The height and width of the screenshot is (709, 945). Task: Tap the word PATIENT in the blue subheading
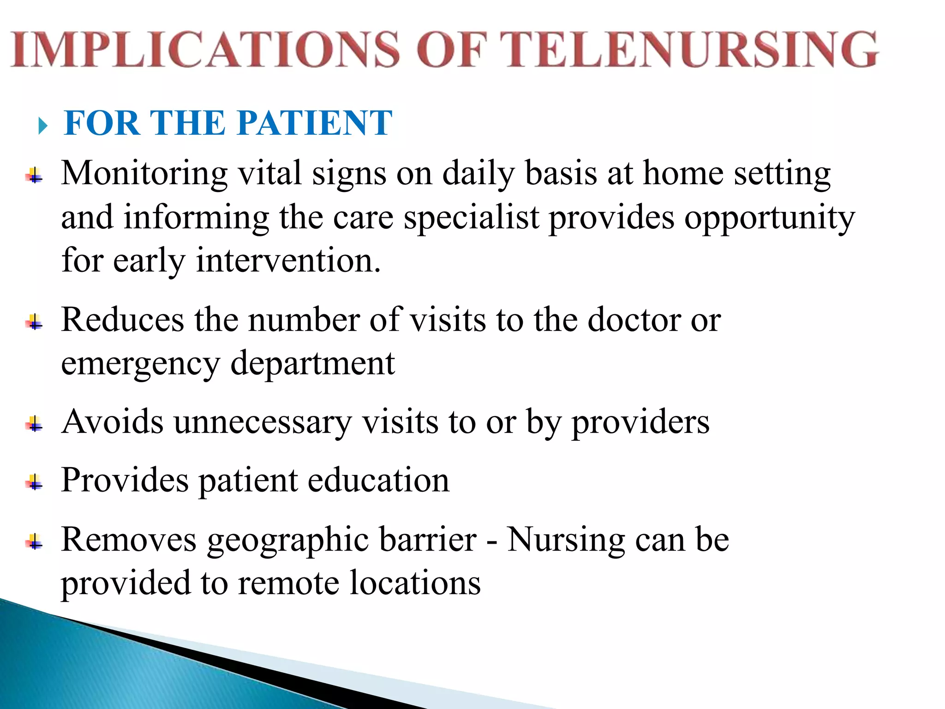[x=315, y=123]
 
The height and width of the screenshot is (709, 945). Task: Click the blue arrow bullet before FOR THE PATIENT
[x=43, y=126]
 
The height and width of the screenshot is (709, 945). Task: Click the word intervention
[x=288, y=261]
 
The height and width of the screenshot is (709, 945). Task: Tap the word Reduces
[x=123, y=319]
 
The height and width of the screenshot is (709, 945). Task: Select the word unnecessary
[x=262, y=422]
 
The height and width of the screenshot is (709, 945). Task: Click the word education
[x=378, y=480]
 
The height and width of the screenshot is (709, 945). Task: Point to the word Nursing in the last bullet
[x=566, y=540]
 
